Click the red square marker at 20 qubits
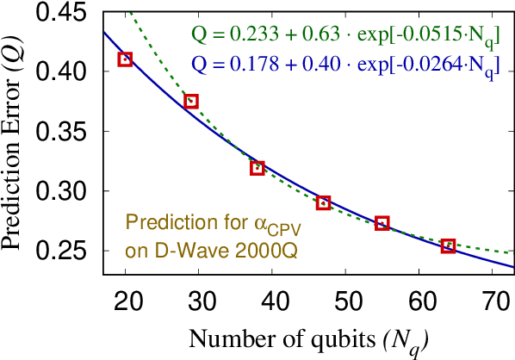click(x=125, y=59)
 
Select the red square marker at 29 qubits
click(x=191, y=102)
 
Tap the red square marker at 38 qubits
click(x=257, y=168)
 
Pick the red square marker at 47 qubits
click(x=323, y=203)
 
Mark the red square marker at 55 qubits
click(x=382, y=223)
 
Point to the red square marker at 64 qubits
click(x=448, y=246)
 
